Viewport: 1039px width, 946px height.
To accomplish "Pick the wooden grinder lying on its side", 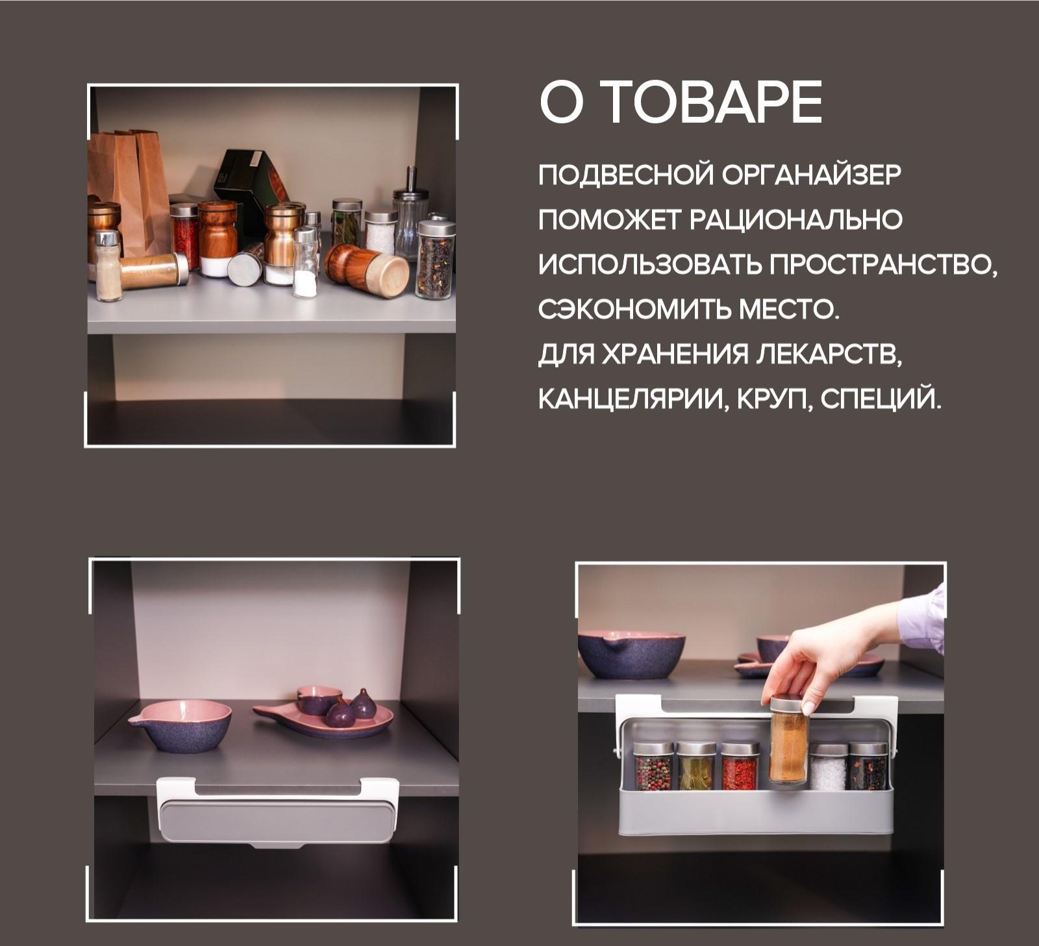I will tap(367, 269).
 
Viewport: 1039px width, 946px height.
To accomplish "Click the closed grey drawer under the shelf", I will tap(277, 821).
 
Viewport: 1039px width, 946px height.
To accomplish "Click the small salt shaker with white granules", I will tap(305, 263).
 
